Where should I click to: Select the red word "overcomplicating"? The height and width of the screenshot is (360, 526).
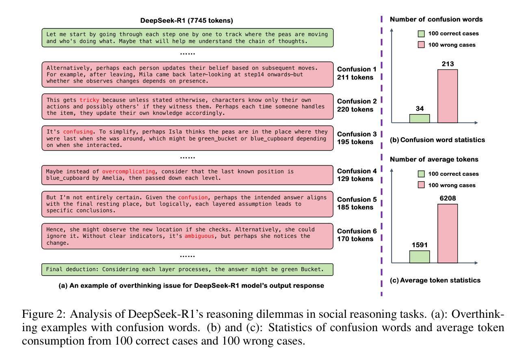coord(128,172)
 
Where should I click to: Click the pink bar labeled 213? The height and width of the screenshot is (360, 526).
coord(447,96)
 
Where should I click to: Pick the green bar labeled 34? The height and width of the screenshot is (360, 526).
coord(419,118)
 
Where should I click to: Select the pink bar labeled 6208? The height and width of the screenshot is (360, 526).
coord(447,233)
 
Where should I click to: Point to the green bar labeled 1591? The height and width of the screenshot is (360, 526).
coord(419,257)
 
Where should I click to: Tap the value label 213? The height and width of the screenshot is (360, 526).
coord(447,64)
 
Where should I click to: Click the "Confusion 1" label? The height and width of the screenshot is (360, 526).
coord(357,69)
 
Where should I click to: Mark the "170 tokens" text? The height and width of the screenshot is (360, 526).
coord(355,239)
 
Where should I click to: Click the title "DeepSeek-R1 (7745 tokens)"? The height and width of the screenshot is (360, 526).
coord(186,20)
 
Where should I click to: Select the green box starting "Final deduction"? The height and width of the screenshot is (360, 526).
coord(187,269)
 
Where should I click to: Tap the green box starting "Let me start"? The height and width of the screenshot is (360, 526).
coord(187,38)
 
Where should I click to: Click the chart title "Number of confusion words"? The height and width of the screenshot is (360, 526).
coord(436,19)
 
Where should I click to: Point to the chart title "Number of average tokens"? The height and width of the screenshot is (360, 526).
coord(434,160)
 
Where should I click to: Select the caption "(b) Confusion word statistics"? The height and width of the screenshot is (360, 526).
coord(437,140)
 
